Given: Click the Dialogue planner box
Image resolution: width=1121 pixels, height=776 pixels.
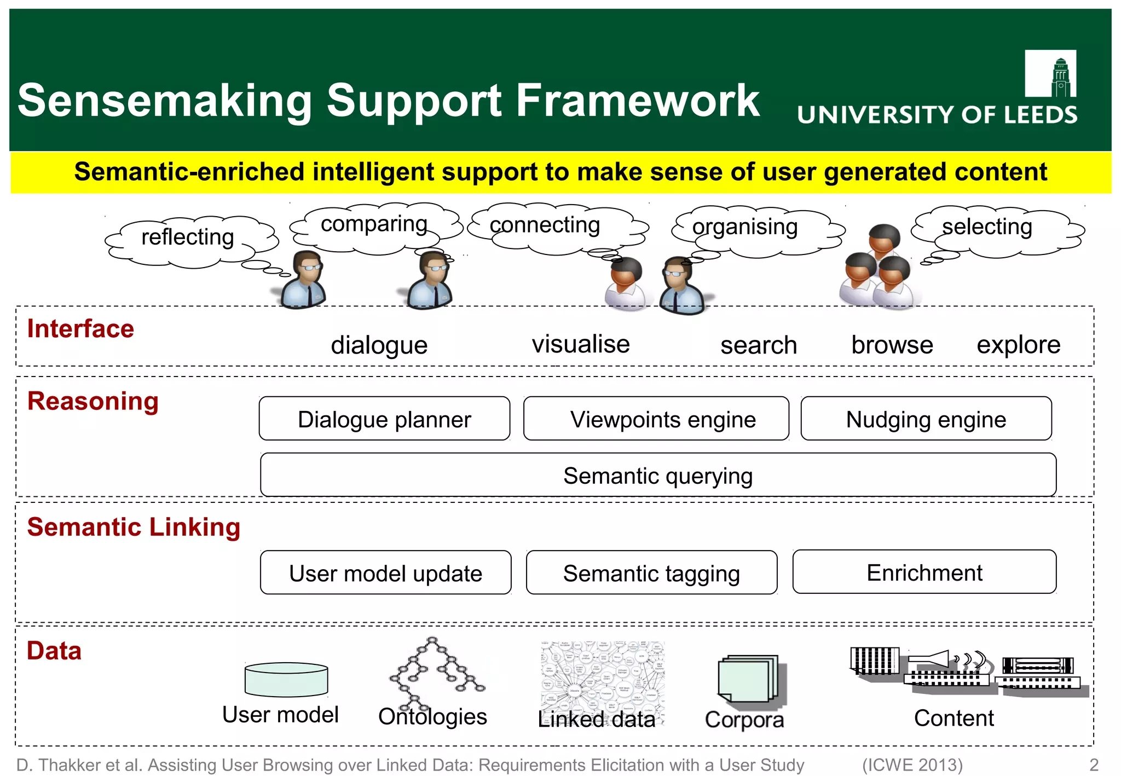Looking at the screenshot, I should [384, 419].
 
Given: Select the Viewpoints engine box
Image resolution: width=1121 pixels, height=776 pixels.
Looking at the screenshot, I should [656, 419].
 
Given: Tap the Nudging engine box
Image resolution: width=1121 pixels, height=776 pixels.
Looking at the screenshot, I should [926, 419].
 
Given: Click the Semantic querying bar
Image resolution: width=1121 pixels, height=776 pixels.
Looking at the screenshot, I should [658, 475].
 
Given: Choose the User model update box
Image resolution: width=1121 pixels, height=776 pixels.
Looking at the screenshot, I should [385, 573].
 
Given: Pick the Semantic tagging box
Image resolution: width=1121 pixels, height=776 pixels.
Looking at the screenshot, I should [651, 573].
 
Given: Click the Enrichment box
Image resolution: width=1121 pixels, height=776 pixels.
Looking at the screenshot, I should [924, 572].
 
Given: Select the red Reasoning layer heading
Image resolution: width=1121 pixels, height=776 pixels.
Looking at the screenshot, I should [93, 401].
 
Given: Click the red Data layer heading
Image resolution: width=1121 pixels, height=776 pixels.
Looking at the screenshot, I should [54, 651].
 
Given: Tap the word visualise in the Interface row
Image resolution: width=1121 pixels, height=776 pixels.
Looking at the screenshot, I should [581, 344].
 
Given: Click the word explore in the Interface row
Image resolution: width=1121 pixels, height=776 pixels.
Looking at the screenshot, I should [1018, 345].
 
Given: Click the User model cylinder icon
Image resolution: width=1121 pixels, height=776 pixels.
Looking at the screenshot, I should [286, 679].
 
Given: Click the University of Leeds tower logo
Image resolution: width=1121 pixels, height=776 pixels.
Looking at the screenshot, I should [1050, 74].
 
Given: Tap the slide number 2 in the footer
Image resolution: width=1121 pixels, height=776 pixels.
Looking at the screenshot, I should [1094, 765].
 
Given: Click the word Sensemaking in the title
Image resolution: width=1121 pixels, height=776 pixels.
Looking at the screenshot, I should [164, 101].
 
